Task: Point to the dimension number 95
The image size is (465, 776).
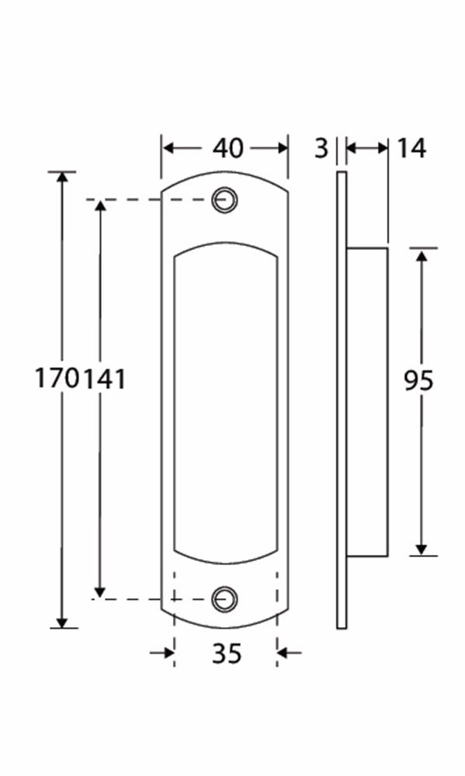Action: click(419, 380)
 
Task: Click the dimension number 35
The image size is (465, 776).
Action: click(226, 653)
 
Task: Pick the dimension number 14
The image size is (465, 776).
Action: click(411, 147)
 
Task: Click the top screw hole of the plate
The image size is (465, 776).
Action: click(224, 199)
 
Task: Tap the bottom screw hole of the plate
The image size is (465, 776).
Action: click(225, 598)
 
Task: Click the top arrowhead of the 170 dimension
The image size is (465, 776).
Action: click(63, 178)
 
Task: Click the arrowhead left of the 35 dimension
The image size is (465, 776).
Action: click(167, 653)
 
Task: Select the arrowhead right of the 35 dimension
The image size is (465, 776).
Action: click(284, 653)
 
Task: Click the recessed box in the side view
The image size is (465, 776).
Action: click(366, 401)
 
